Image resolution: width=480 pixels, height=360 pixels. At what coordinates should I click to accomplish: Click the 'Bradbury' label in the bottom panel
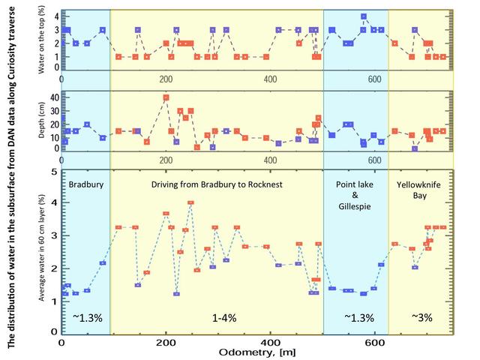tap(85, 184)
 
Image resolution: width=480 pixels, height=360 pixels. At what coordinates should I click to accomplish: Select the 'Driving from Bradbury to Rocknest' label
tap(216, 184)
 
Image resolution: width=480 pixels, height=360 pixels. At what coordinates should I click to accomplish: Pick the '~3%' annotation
tap(422, 317)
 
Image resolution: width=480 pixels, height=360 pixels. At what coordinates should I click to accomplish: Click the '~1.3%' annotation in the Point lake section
tap(357, 317)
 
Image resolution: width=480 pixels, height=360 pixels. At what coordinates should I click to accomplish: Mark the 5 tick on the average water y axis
tap(54, 172)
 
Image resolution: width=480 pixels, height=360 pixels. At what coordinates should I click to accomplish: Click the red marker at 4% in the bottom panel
tap(190, 202)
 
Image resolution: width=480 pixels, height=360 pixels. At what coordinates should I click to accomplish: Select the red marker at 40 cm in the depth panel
tap(166, 97)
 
